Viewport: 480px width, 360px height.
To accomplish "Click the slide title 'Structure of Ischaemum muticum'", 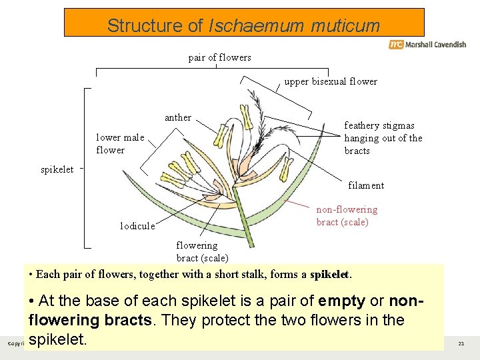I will point(243,26).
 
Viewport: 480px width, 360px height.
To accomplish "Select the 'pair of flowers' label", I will point(220,57).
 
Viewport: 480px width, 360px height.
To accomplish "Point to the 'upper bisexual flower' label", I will point(331,81).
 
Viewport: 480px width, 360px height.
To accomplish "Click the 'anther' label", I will point(178,117).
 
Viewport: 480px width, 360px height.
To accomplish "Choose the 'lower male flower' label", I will point(120,144).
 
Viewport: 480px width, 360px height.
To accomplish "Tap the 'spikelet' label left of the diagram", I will point(57,169).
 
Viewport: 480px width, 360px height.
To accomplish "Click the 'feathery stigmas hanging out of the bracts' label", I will point(383,138).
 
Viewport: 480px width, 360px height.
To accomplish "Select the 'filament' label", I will point(366,185).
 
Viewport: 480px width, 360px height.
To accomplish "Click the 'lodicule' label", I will point(137,226).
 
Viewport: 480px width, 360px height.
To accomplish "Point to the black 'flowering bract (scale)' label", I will point(201,252).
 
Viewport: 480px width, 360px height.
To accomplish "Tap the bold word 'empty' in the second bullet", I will point(342,301).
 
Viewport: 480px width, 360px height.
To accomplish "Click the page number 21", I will point(461,343).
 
